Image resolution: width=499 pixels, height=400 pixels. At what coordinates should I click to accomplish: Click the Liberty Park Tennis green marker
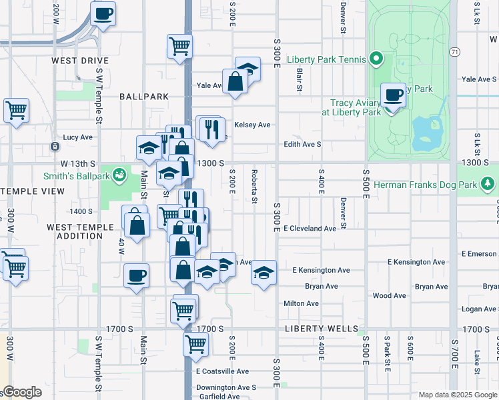pyautogui.click(x=376, y=59)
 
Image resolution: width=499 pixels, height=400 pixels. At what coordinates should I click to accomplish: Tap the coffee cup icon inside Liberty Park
pyautogui.click(x=394, y=95)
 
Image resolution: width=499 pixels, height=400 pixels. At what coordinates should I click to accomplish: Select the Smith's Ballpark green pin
pyautogui.click(x=120, y=175)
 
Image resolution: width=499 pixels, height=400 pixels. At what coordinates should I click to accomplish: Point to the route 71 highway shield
pyautogui.click(x=454, y=51)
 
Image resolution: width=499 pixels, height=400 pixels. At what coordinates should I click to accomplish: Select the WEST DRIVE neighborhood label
pyautogui.click(x=80, y=61)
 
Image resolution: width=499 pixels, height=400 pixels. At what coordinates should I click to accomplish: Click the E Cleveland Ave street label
pyautogui.click(x=310, y=228)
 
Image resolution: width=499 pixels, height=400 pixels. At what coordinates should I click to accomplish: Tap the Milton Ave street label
pyautogui.click(x=301, y=303)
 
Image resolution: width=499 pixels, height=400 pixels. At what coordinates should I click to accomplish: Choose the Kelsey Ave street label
pyautogui.click(x=252, y=125)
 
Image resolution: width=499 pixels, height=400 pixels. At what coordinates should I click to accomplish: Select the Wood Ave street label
pyautogui.click(x=389, y=295)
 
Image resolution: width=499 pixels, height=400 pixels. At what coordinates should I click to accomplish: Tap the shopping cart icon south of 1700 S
pyautogui.click(x=195, y=345)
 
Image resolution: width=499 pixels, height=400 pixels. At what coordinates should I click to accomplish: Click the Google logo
pyautogui.click(x=21, y=392)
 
